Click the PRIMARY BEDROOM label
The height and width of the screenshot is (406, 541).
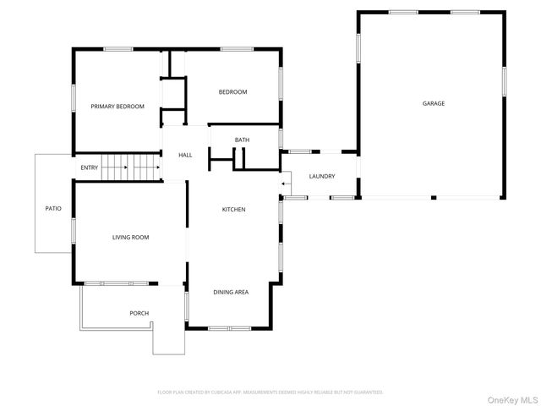[117, 107]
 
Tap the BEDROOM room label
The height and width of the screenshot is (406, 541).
[232, 92]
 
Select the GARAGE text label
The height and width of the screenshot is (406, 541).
[434, 103]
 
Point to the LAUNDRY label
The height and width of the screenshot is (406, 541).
[322, 177]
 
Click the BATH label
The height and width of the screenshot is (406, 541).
[242, 140]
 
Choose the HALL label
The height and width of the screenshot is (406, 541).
[185, 156]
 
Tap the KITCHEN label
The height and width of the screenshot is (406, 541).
[234, 210]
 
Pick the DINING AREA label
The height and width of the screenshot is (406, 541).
[231, 292]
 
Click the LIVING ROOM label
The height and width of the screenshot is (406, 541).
[130, 238]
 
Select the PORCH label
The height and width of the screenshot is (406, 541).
[139, 314]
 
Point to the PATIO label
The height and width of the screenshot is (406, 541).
[53, 208]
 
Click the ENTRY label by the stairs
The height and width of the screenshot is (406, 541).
[90, 167]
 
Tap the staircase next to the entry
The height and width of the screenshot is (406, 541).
[131, 167]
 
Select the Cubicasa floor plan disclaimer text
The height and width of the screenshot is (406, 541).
[270, 392]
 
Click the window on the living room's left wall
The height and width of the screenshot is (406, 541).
[74, 230]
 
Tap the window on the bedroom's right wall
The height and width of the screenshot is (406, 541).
[281, 84]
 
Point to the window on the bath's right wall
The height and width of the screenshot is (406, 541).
[281, 138]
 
